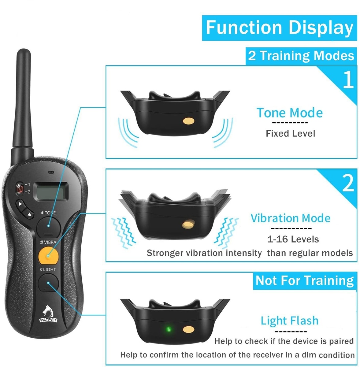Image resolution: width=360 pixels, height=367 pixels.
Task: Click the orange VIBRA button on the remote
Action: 48,256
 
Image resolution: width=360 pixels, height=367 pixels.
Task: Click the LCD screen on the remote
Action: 51,191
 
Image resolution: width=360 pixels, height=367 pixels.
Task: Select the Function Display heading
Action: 280,28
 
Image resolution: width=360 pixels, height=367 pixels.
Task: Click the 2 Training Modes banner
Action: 301,56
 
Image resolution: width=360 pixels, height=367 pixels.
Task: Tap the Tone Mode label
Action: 290,113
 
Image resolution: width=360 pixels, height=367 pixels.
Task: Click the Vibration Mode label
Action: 291,218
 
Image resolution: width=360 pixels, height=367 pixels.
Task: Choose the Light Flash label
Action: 290,321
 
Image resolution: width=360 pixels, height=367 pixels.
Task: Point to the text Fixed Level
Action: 291,134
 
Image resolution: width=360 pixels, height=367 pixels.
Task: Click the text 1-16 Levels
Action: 293,239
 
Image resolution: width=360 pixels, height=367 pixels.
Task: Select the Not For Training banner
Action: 305,280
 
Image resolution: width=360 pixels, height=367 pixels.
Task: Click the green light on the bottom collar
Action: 169,329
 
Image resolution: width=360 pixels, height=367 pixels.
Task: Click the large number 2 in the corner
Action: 348,183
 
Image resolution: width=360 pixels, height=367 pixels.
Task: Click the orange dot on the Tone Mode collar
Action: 189,121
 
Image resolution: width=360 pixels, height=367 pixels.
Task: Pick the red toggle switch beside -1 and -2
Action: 19,188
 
